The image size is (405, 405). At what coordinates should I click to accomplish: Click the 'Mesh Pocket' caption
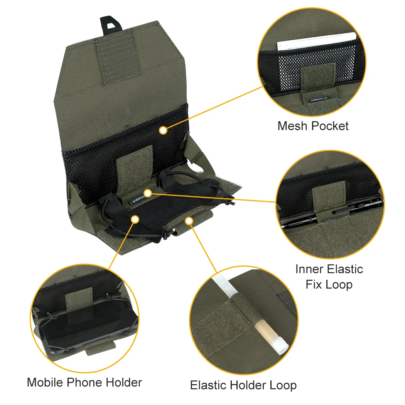[x=313, y=126]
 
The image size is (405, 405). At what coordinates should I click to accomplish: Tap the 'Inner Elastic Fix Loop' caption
[x=329, y=277]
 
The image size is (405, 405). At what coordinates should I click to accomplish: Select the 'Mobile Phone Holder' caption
[x=84, y=383]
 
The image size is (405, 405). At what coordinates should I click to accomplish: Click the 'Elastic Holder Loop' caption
[x=243, y=385]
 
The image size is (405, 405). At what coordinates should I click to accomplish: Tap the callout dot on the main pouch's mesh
[x=163, y=130]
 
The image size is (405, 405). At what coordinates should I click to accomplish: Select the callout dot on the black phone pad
[x=135, y=219]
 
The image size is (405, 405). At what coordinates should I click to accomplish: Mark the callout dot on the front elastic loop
[x=189, y=220]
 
